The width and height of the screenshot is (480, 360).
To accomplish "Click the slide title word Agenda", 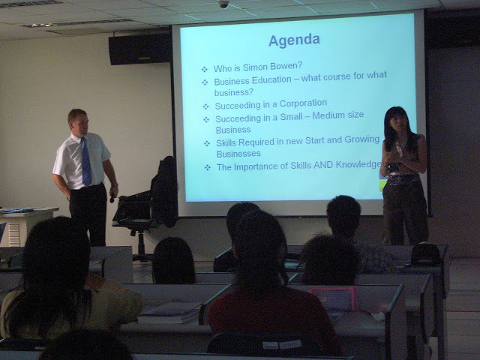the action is [294, 40].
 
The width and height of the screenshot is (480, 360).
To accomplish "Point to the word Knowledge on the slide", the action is [358, 165].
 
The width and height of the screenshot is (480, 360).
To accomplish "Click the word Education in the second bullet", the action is [271, 80].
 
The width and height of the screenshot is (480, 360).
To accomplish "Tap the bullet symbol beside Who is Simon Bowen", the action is [205, 69].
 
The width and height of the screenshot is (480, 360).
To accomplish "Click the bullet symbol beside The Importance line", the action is [208, 167].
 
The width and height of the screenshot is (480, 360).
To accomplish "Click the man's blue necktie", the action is [86, 162].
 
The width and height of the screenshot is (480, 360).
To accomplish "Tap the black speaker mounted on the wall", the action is [140, 49].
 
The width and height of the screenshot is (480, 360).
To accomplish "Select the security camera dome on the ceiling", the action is [223, 4].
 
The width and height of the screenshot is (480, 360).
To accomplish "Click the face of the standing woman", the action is [397, 121].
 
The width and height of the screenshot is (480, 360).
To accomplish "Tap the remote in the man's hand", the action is [112, 199].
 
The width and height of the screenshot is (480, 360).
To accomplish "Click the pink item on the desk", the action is [333, 298].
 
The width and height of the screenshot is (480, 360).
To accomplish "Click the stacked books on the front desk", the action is [169, 313].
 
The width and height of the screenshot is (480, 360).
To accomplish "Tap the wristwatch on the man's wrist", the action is [115, 184].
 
